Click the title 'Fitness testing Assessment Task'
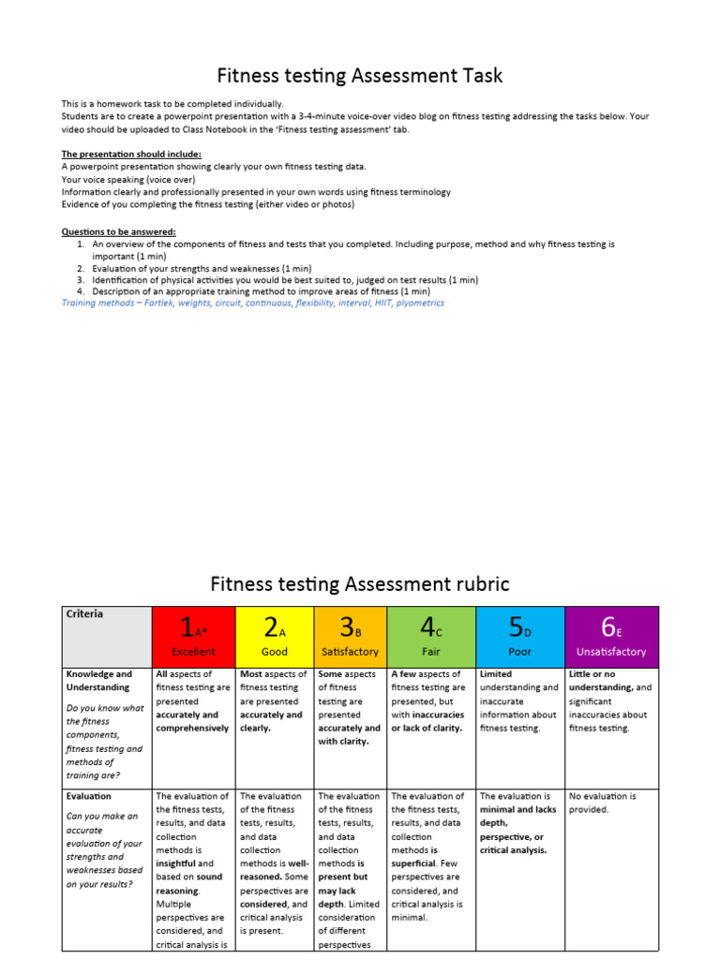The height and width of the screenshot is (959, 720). pyautogui.click(x=360, y=75)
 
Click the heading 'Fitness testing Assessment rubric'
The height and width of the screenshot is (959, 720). pyautogui.click(x=360, y=584)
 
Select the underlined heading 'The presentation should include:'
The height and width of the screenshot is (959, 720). pyautogui.click(x=131, y=154)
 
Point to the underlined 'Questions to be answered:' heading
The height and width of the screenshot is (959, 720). pyautogui.click(x=118, y=231)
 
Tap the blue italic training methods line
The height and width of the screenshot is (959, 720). pyautogui.click(x=253, y=302)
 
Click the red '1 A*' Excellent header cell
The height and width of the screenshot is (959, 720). pyautogui.click(x=193, y=636)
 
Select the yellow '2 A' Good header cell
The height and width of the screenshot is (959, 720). pyautogui.click(x=274, y=636)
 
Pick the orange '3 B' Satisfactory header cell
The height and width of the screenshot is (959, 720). pyautogui.click(x=350, y=636)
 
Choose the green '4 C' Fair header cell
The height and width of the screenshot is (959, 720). pyautogui.click(x=430, y=636)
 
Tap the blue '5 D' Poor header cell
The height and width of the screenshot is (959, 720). pyautogui.click(x=519, y=636)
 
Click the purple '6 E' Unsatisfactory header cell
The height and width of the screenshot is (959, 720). pyautogui.click(x=611, y=636)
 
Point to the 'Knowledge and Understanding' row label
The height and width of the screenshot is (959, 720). pyautogui.click(x=98, y=681)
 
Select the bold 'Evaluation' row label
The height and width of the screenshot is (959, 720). pyautogui.click(x=89, y=796)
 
